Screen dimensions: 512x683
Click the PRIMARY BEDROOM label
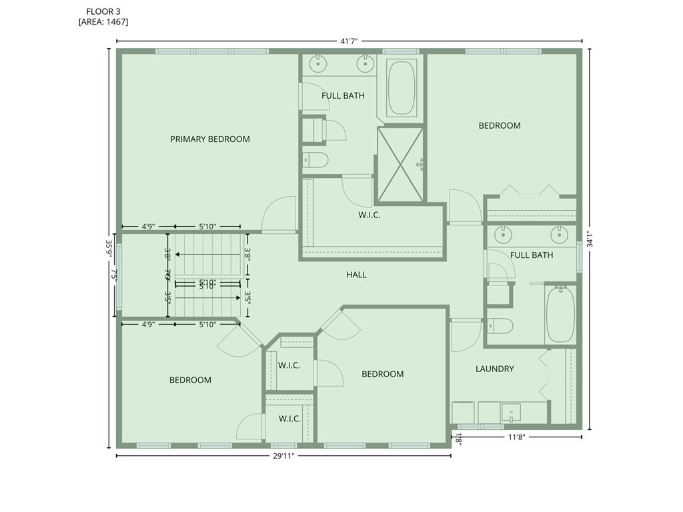tap(209, 139)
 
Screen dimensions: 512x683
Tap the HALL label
tap(356, 275)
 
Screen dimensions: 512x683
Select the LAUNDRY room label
tap(494, 369)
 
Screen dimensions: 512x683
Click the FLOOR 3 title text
tap(103, 11)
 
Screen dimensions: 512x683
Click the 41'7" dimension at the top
tap(350, 41)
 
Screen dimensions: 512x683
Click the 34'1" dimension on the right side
tap(588, 239)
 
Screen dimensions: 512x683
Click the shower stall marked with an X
tap(400, 164)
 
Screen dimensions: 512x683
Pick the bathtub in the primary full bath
tap(402, 88)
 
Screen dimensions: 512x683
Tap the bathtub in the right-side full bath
tap(560, 314)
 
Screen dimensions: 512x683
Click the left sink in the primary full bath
tap(319, 64)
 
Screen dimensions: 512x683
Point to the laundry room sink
tap(512, 413)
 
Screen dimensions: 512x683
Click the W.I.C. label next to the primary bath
tap(369, 215)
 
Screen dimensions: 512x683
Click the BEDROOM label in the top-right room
tap(500, 125)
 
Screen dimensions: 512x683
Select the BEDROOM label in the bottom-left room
tap(190, 380)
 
